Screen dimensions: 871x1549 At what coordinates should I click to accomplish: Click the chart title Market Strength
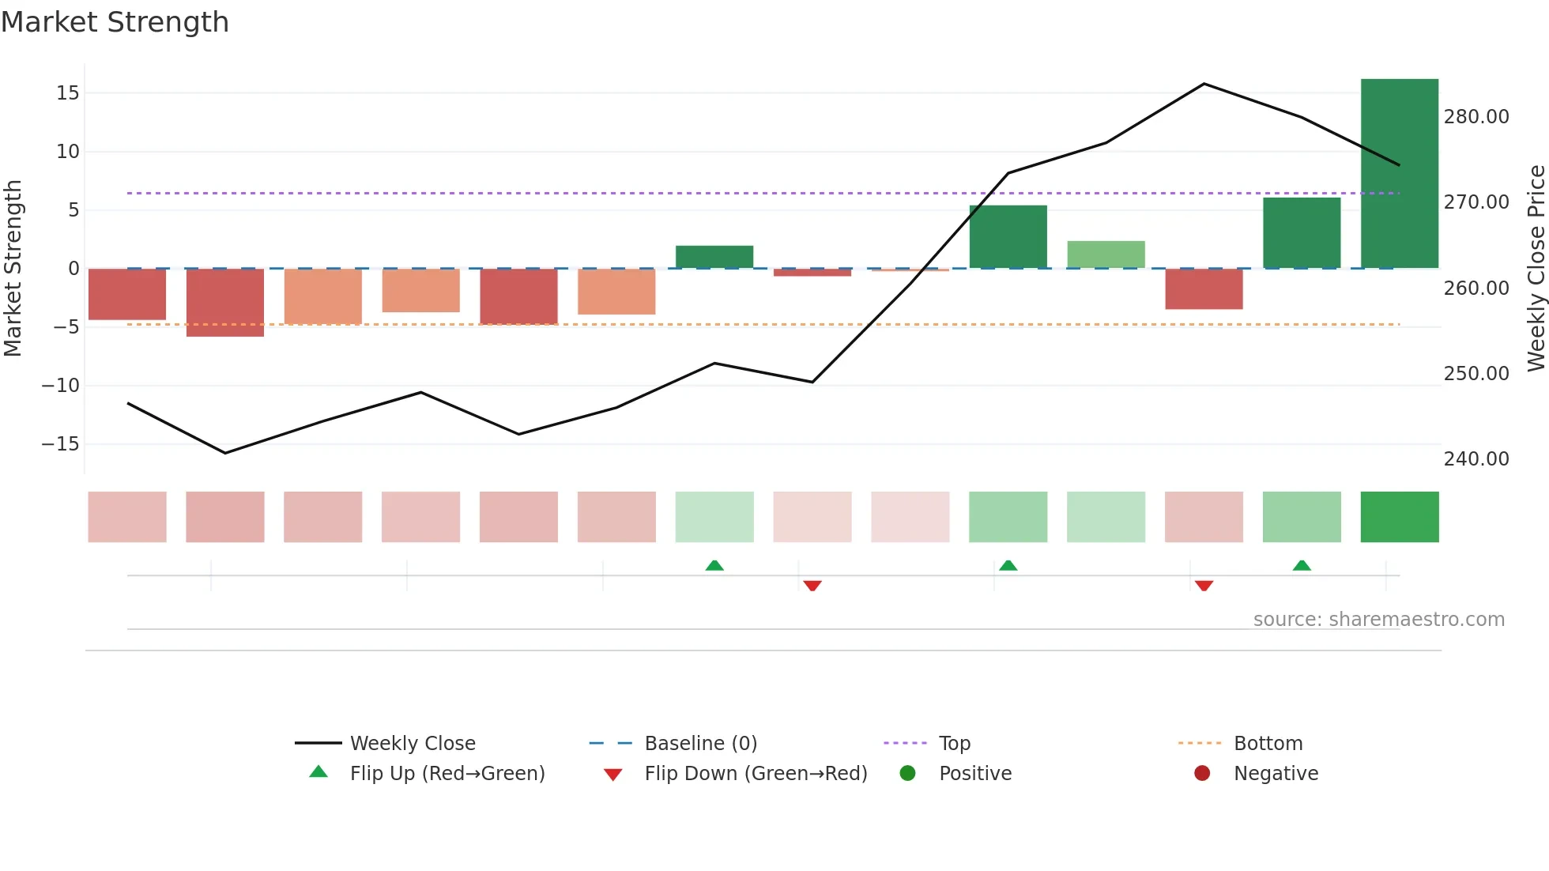click(x=115, y=22)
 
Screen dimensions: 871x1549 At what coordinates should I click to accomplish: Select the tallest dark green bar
click(x=1399, y=174)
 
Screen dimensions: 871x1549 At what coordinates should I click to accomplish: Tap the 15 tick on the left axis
click(x=68, y=93)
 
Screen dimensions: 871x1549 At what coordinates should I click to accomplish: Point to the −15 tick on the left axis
click(x=61, y=444)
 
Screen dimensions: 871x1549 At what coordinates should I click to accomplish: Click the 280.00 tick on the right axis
click(x=1476, y=117)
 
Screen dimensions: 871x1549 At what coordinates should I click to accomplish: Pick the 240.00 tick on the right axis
click(x=1476, y=459)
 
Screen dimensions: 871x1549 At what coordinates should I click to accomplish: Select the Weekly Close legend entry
click(x=412, y=744)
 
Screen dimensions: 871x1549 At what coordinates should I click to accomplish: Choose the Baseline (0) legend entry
click(x=700, y=744)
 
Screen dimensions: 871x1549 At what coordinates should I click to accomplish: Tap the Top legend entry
click(x=954, y=744)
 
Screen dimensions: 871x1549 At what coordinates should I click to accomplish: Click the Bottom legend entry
click(x=1268, y=744)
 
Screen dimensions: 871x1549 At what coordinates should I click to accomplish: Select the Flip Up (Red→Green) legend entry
click(x=447, y=774)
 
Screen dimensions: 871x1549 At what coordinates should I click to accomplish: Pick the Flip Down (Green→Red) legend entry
click(x=755, y=774)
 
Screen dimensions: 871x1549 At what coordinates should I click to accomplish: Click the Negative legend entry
click(x=1275, y=774)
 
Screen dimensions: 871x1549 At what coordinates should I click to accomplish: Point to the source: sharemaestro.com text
click(x=1378, y=620)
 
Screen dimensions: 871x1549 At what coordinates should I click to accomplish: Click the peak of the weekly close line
click(x=1204, y=84)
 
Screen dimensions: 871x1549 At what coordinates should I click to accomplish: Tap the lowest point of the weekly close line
click(x=225, y=453)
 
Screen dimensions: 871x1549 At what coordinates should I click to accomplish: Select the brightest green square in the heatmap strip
click(x=1399, y=517)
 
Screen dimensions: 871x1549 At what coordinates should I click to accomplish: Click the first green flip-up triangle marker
click(x=714, y=565)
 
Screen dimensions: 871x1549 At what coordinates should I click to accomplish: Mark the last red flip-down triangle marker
click(x=1204, y=586)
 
